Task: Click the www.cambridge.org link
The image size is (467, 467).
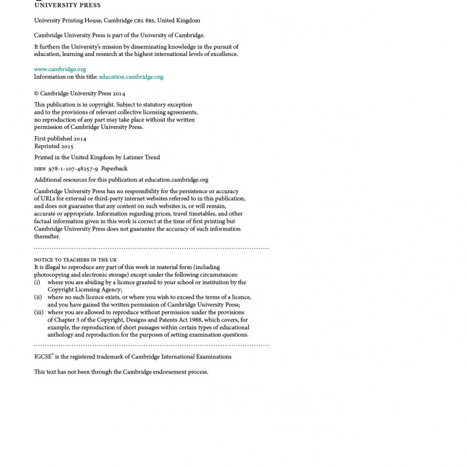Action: pyautogui.click(x=60, y=69)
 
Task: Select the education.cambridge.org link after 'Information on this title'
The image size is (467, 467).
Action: pyautogui.click(x=131, y=76)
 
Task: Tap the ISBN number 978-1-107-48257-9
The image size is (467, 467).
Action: pyautogui.click(x=73, y=169)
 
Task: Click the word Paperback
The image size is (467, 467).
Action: pyautogui.click(x=114, y=169)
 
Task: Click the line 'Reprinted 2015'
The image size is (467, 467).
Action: pyautogui.click(x=54, y=146)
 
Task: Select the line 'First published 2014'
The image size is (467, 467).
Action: pyautogui.click(x=60, y=139)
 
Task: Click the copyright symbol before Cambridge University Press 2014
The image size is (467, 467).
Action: pyautogui.click(x=36, y=93)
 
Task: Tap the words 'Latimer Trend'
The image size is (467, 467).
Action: pyautogui.click(x=141, y=158)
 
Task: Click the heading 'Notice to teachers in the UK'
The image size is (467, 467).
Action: pyautogui.click(x=75, y=260)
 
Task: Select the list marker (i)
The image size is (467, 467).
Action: pyautogui.click(x=37, y=283)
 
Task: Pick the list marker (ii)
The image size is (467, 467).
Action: pyautogui.click(x=38, y=297)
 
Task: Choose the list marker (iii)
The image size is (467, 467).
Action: pyautogui.click(x=39, y=312)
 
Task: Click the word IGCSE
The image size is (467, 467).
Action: pyautogui.click(x=43, y=357)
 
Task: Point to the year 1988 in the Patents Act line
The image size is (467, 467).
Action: pyautogui.click(x=195, y=320)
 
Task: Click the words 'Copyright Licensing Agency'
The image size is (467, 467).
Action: pyautogui.click(x=85, y=290)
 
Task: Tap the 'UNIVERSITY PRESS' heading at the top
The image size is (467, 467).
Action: pyautogui.click(x=67, y=5)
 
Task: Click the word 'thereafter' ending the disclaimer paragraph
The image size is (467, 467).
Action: pyautogui.click(x=47, y=236)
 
